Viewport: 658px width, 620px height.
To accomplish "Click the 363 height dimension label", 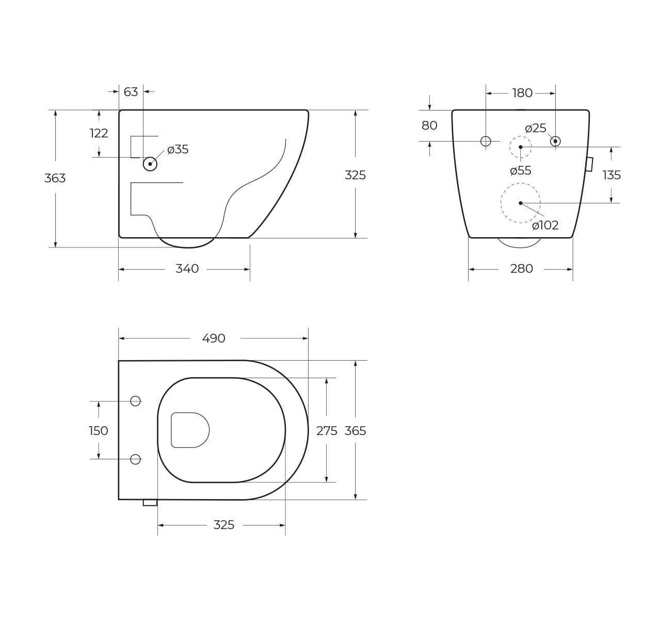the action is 55,178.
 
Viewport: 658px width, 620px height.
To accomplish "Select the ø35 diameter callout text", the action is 178,150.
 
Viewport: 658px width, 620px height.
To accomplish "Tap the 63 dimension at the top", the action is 131,92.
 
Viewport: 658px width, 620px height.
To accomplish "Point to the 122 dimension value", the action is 99,133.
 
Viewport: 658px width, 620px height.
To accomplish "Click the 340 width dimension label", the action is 187,269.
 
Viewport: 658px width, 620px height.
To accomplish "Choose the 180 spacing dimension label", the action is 522,93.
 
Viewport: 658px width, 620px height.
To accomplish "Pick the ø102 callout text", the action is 545,226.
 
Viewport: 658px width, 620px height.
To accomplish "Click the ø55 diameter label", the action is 521,171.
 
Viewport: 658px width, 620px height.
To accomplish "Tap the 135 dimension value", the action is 612,175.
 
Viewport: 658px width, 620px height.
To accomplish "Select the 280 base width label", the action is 521,269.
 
